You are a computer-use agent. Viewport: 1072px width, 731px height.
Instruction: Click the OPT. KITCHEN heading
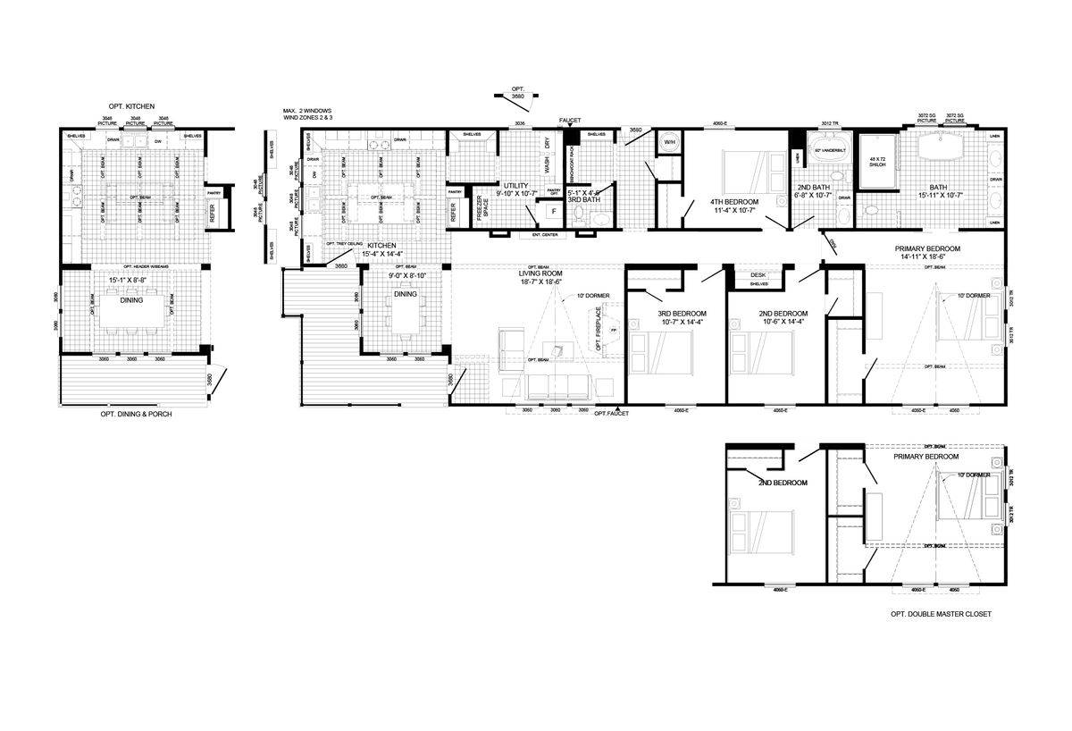coord(127,105)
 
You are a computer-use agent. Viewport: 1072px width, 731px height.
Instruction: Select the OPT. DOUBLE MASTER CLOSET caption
coord(941,614)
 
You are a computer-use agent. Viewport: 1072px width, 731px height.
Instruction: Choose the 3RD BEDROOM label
coord(682,314)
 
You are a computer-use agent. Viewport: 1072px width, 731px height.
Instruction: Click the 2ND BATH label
coord(814,188)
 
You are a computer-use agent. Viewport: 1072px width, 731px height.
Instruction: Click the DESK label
coord(758,275)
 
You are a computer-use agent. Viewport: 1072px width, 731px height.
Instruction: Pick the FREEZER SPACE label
coord(482,213)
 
